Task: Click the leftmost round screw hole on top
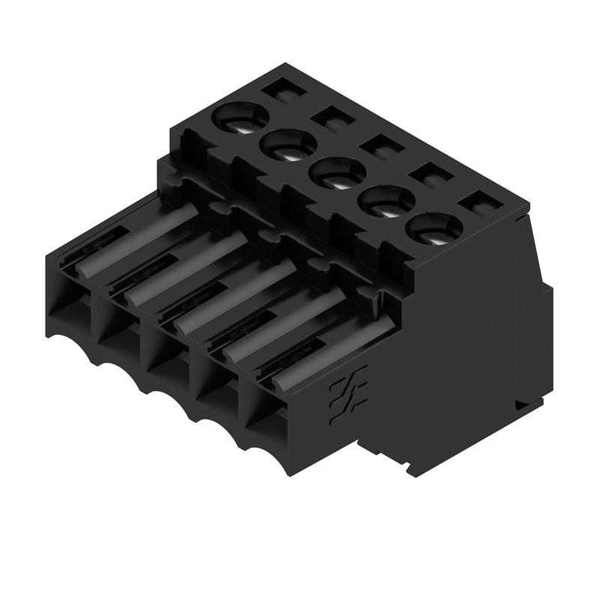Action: [x=240, y=118]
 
